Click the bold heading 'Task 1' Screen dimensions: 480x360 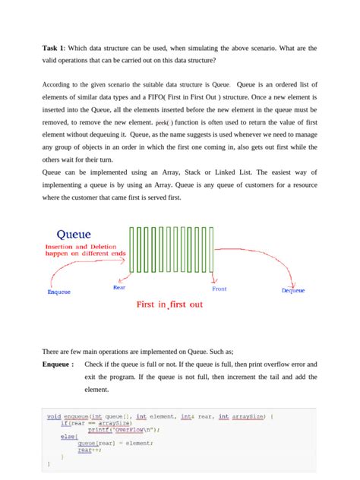54,48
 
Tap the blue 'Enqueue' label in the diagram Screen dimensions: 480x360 59,292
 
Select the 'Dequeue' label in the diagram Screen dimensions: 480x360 293,291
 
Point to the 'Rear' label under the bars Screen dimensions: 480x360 119,287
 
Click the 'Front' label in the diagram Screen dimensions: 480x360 219,289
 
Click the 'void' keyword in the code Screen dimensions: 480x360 54,415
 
